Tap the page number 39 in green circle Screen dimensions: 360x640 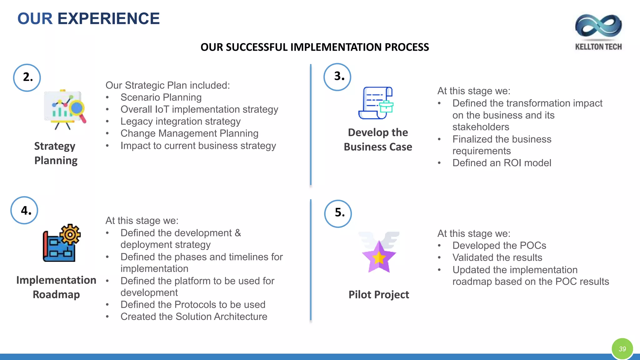(622, 349)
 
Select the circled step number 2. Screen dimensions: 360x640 (27, 77)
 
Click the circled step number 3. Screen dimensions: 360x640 (337, 77)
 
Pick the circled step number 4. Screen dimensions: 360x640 (24, 210)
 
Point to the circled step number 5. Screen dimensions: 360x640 (338, 213)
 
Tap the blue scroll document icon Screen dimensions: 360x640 (376, 103)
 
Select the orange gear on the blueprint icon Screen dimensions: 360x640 (70, 234)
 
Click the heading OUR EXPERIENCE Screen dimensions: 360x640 (88, 18)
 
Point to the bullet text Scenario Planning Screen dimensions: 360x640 (161, 97)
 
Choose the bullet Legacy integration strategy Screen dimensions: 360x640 (181, 121)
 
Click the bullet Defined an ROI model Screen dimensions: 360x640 (502, 163)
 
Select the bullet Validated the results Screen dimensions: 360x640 (497, 257)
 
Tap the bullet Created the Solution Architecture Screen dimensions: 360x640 (194, 317)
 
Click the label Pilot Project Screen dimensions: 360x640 (379, 295)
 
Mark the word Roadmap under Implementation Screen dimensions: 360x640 (56, 294)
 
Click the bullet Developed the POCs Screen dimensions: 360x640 (499, 246)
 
